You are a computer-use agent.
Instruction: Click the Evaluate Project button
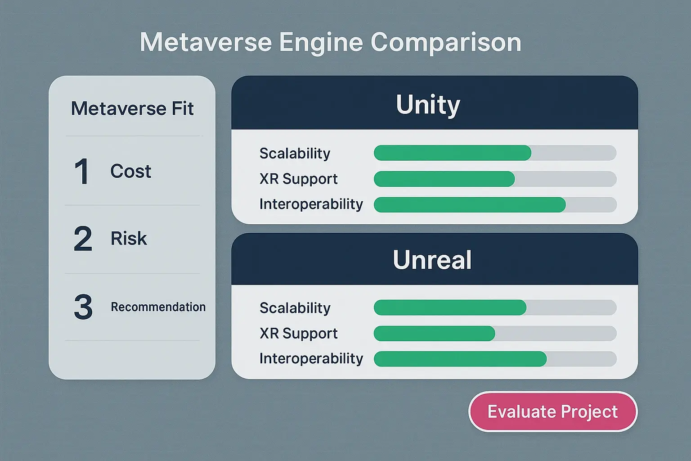point(552,411)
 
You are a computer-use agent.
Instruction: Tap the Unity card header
point(428,104)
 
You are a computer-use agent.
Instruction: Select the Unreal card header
point(432,260)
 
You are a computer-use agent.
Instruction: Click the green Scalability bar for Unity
point(452,153)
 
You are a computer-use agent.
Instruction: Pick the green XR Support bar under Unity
point(444,179)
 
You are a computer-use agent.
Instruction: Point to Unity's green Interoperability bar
point(469,205)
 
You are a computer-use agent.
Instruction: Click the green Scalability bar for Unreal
point(450,307)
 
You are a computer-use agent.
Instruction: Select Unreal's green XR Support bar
point(434,334)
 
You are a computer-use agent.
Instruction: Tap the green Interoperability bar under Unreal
point(460,359)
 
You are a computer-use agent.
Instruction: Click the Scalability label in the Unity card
point(295,154)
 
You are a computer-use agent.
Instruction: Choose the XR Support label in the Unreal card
point(298,334)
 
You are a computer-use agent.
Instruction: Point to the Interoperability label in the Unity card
point(311,204)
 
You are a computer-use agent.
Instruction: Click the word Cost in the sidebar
point(130,172)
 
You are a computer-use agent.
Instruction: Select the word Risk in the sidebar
point(129,239)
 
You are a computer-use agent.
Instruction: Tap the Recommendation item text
point(158,307)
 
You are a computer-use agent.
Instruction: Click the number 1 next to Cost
point(82,172)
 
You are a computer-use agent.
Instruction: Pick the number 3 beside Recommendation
point(83,307)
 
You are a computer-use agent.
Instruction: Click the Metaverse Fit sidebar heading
point(132,108)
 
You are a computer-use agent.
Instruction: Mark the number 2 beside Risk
point(83,239)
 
